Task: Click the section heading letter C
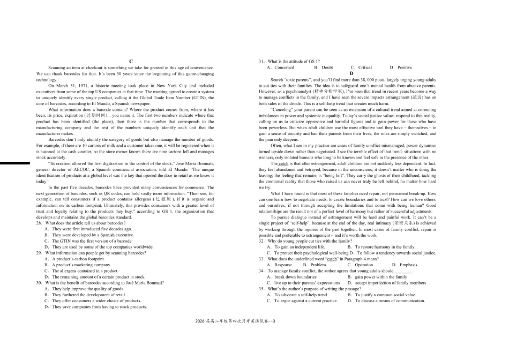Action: [130, 62]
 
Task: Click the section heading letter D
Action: [351, 73]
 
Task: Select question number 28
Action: [40, 223]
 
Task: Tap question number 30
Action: [40, 282]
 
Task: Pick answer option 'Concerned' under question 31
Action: [284, 67]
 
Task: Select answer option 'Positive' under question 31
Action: [405, 67]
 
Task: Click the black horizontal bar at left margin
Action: [15, 162]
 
